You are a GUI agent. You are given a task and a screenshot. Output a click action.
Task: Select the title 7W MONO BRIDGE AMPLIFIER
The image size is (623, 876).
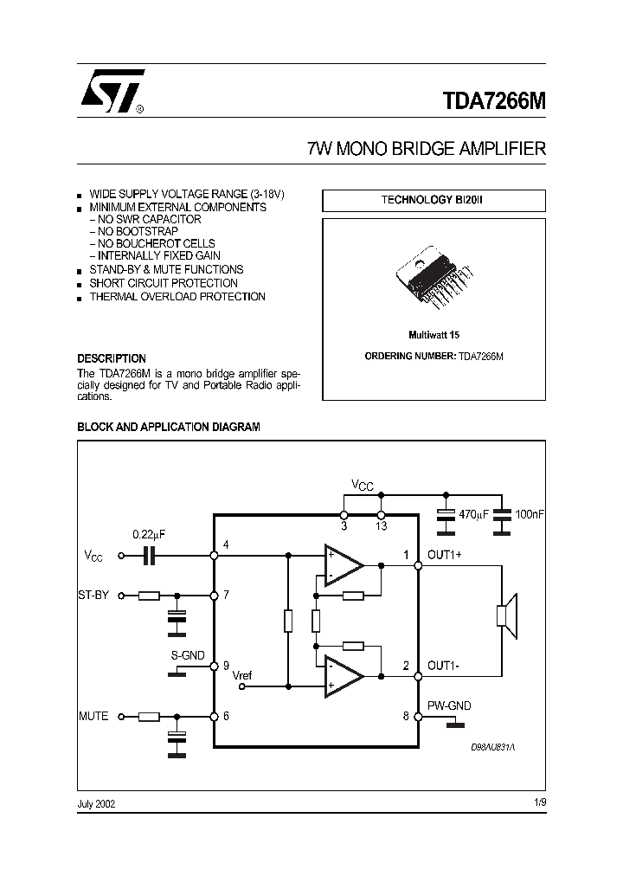427,148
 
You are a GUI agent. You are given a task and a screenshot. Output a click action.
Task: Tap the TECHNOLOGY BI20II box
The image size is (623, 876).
434,200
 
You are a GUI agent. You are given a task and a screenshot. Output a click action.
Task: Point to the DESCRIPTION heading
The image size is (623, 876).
112,358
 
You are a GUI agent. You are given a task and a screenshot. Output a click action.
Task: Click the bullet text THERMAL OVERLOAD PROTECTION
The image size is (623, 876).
177,297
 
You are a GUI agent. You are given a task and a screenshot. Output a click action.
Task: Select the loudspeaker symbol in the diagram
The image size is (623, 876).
505,615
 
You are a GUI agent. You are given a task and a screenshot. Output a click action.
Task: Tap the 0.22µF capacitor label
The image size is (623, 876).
149,534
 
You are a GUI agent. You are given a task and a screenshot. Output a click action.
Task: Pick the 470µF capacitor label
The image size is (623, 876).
473,514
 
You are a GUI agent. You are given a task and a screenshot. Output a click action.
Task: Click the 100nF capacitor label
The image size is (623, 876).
530,514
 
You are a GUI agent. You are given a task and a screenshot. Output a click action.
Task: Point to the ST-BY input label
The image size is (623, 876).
93,595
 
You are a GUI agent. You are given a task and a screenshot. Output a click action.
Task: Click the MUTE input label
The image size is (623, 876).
93,716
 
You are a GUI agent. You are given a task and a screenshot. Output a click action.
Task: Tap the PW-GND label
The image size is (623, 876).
449,705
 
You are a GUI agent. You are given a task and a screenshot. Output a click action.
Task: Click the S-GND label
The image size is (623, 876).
187,655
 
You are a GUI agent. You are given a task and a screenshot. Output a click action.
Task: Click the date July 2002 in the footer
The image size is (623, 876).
96,803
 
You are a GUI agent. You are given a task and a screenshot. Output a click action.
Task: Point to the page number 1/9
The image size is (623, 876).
540,802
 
